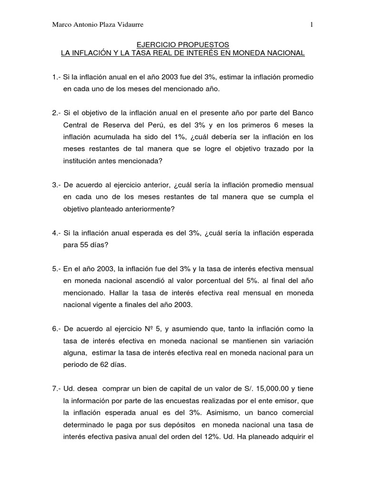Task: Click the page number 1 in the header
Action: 311,25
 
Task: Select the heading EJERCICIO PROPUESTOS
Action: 183,44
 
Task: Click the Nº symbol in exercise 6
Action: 149,329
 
